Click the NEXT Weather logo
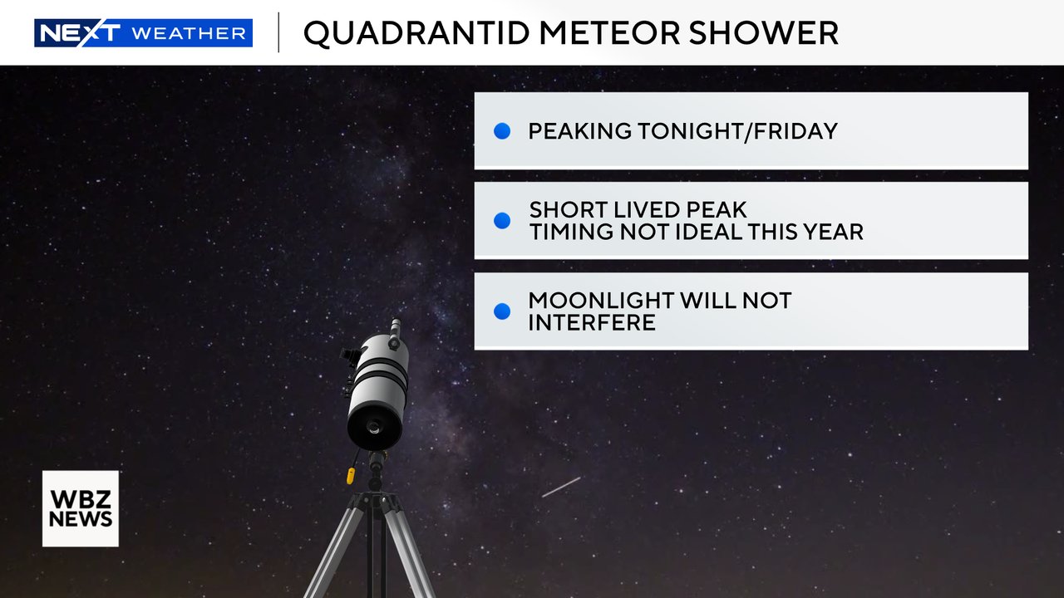[x=143, y=33]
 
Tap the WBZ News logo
[x=81, y=508]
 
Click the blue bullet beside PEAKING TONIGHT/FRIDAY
[x=502, y=131]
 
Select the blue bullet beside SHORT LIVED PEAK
[x=502, y=221]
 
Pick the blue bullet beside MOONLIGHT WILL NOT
[x=502, y=311]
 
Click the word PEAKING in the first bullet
[x=580, y=131]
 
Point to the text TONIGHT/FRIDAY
[x=739, y=131]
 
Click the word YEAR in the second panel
[x=834, y=233]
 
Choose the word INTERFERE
[x=592, y=322]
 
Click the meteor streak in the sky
[x=561, y=488]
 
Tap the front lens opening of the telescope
[x=374, y=429]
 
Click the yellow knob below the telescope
[x=352, y=476]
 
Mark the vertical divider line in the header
[x=278, y=33]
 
